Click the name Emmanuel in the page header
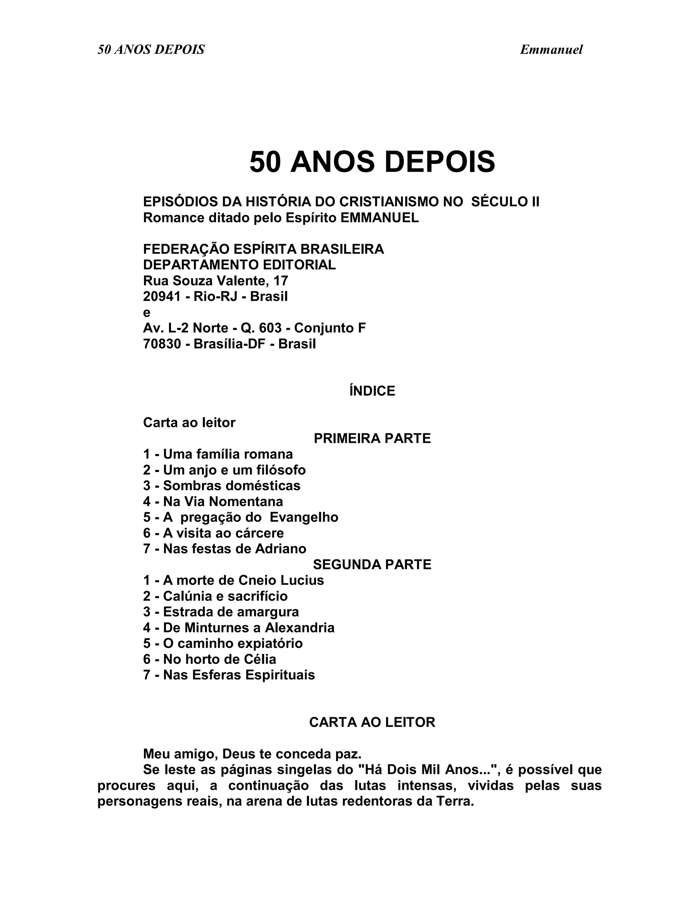(551, 50)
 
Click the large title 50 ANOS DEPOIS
(372, 162)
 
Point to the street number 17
(281, 281)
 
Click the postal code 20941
(162, 297)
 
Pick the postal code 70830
(162, 344)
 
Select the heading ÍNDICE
(372, 391)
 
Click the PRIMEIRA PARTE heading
(372, 438)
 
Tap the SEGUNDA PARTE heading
(372, 565)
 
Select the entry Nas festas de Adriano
(225, 549)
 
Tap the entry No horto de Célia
(210, 659)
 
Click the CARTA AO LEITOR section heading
(372, 722)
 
